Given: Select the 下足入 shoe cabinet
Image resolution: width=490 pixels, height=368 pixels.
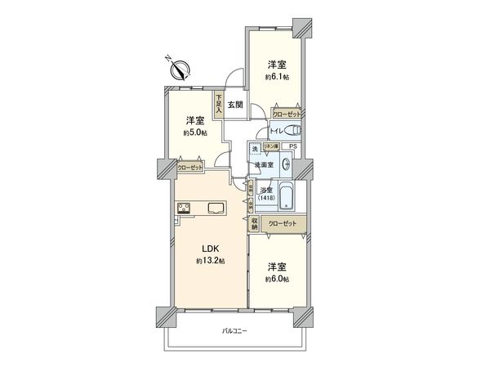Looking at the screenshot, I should point(219,104).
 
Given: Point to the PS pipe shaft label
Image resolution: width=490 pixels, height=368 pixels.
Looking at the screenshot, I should point(293,146).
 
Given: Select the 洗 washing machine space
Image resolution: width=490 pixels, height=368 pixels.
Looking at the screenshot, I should point(255,148).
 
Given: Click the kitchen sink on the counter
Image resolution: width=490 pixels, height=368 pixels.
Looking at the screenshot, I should point(217,207).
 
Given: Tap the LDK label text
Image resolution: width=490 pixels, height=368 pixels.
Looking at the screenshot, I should point(210,249).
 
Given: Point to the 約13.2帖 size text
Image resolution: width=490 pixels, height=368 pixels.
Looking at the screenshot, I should point(210,261).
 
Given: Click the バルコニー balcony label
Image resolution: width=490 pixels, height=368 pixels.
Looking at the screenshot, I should point(234,330).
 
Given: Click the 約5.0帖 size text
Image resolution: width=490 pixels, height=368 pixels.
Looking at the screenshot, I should point(194,131).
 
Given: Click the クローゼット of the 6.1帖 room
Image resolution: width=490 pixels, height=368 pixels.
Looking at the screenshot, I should point(287,115).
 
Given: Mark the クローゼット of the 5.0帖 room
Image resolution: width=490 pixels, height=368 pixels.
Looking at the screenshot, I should point(191,168).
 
